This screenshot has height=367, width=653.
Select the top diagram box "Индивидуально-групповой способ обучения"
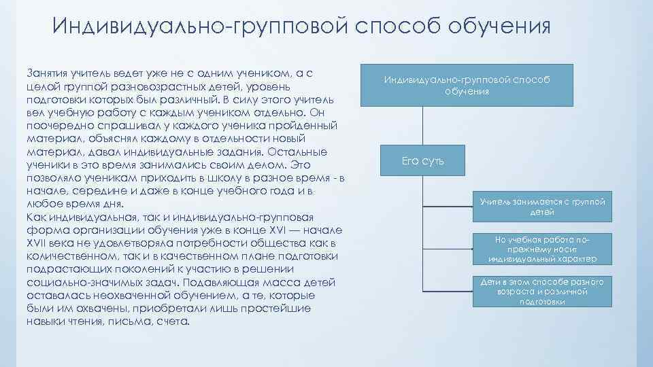coord(467,85)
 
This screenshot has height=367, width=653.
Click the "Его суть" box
coord(422,161)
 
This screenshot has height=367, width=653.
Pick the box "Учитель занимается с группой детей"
coord(541,207)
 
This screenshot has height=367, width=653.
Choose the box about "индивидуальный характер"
coord(541,249)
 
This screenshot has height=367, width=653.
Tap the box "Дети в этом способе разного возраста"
coord(541,291)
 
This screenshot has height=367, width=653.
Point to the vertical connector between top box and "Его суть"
coord(423,126)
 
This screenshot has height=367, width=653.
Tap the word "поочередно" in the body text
coord(57,126)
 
